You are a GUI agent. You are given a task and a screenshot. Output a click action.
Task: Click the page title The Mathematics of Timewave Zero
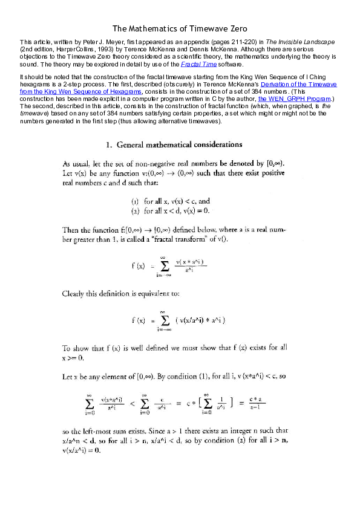(180, 28)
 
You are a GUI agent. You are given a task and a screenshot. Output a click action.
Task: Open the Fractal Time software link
(198, 63)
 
